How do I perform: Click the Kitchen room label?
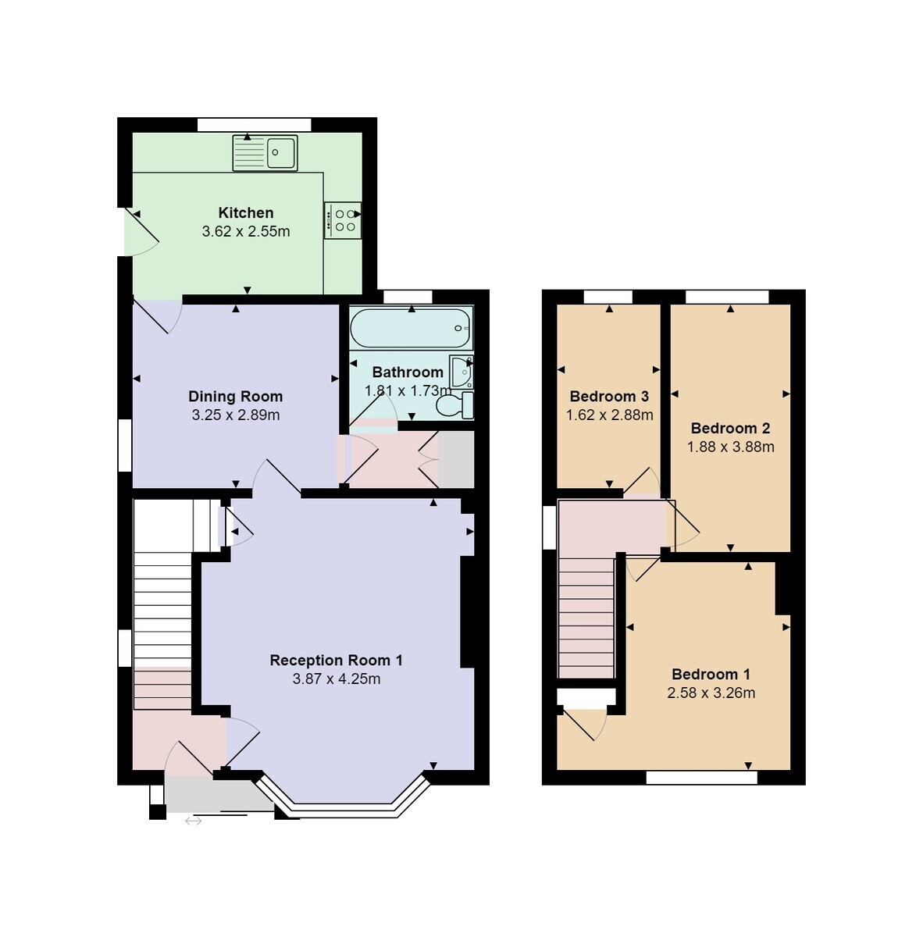pyautogui.click(x=245, y=213)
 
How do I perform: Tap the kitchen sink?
pyautogui.click(x=265, y=153)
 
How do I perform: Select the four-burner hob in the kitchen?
pyautogui.click(x=343, y=220)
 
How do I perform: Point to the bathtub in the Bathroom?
pyautogui.click(x=411, y=328)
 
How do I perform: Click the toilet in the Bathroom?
pyautogui.click(x=454, y=405)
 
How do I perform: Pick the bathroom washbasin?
pyautogui.click(x=461, y=372)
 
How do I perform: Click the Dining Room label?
pyautogui.click(x=235, y=397)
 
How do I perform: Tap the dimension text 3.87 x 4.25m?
pyautogui.click(x=336, y=679)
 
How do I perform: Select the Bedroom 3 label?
pyautogui.click(x=609, y=397)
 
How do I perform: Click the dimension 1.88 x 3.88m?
pyautogui.click(x=730, y=447)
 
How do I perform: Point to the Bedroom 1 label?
pyautogui.click(x=711, y=674)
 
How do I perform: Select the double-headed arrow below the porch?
pyautogui.click(x=193, y=821)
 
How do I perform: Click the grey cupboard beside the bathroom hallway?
pyautogui.click(x=456, y=459)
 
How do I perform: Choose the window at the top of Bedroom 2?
pyautogui.click(x=727, y=297)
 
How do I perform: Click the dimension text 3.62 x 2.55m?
pyautogui.click(x=245, y=231)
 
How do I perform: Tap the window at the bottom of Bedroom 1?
pyautogui.click(x=701, y=778)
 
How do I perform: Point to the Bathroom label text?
pyautogui.click(x=408, y=372)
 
